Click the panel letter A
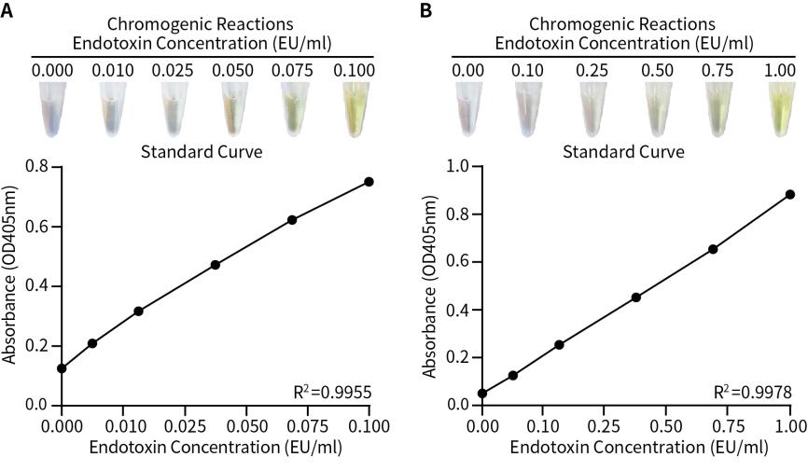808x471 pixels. tap(7, 11)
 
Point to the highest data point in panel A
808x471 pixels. tap(369, 182)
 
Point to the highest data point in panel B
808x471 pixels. tap(790, 194)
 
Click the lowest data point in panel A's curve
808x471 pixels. tap(62, 368)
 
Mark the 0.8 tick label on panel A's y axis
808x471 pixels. tap(36, 167)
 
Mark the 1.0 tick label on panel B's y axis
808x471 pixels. tap(458, 167)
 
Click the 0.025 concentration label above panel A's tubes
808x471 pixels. tap(173, 70)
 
